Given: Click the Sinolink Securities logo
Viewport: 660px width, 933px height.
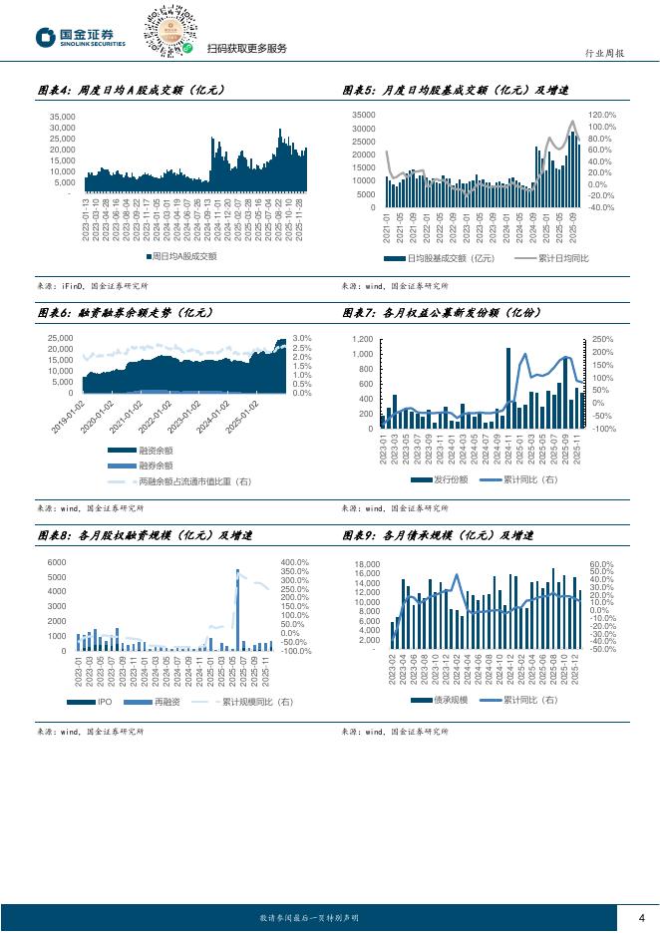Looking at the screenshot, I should pyautogui.click(x=81, y=37).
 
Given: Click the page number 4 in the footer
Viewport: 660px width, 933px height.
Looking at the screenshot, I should pyautogui.click(x=641, y=918).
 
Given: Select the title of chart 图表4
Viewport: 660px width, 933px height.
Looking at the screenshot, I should pyautogui.click(x=131, y=90).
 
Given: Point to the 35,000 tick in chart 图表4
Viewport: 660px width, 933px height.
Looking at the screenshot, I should pyautogui.click(x=62, y=117).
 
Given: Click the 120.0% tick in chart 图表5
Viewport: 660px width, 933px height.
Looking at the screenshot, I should pyautogui.click(x=603, y=115).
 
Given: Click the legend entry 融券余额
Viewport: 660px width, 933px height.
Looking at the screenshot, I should pyautogui.click(x=155, y=465).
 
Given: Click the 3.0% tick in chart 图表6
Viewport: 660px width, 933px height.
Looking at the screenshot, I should pyautogui.click(x=302, y=338).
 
